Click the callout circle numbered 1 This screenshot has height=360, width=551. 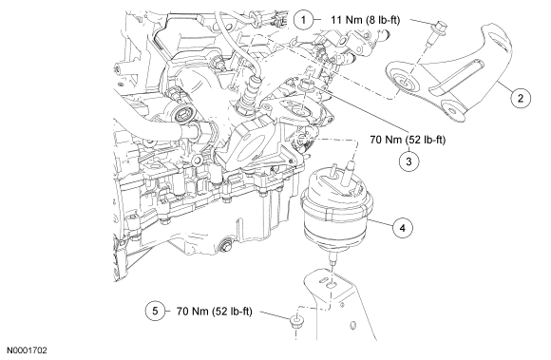point(303,20)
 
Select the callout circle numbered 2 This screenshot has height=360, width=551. point(521,97)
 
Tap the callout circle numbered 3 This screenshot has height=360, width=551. point(408,161)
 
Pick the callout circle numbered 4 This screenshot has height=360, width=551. point(403,228)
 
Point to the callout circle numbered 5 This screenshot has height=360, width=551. point(155,311)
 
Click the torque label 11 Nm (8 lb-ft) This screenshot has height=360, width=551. point(365,20)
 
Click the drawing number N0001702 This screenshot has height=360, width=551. point(28,351)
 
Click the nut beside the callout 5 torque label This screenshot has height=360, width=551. point(296,321)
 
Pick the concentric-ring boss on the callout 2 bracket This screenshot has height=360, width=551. point(403,80)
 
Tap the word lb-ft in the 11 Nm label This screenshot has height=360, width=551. point(386,20)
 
